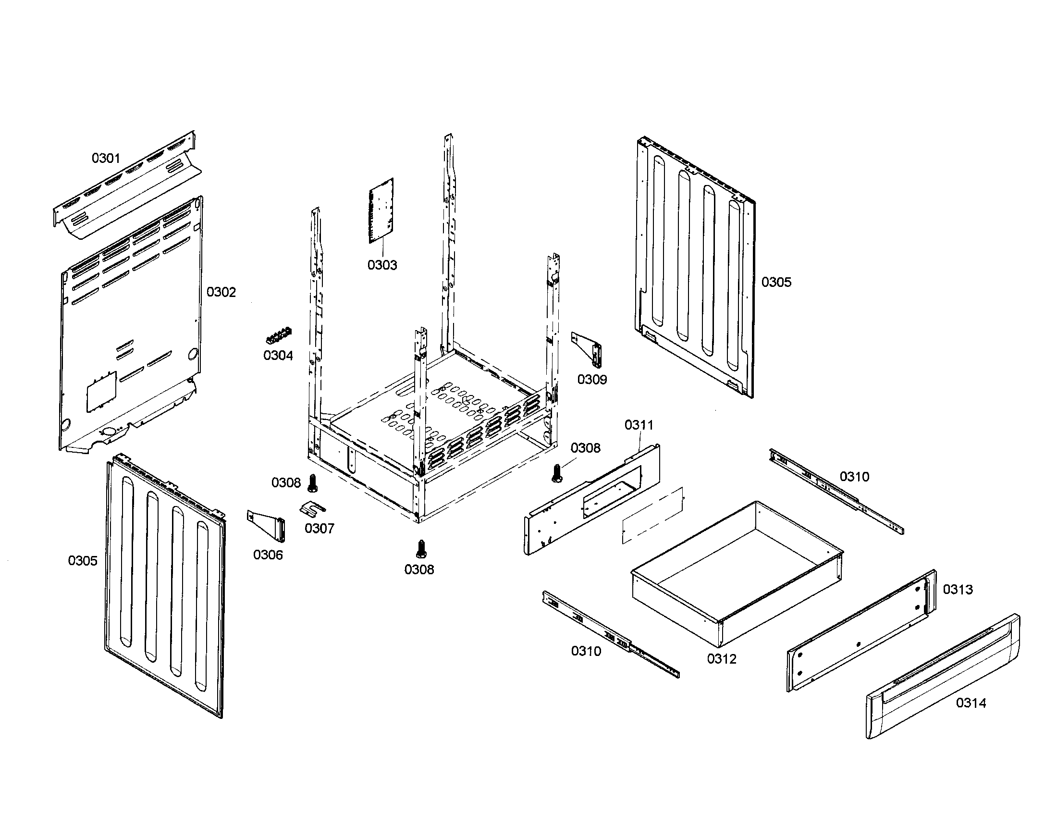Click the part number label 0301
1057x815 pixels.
106,158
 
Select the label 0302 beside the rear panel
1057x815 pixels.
221,292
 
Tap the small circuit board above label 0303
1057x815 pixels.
381,210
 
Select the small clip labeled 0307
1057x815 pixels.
312,507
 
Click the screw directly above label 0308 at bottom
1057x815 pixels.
420,549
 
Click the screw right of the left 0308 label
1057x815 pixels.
313,482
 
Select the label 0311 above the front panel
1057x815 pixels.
639,425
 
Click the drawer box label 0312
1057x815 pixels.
721,659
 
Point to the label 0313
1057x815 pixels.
957,589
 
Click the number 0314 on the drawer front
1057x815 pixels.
971,703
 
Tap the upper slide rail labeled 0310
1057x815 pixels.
836,491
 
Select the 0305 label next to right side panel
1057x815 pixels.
776,282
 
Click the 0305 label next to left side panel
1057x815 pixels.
83,561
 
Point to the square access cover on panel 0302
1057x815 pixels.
102,392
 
